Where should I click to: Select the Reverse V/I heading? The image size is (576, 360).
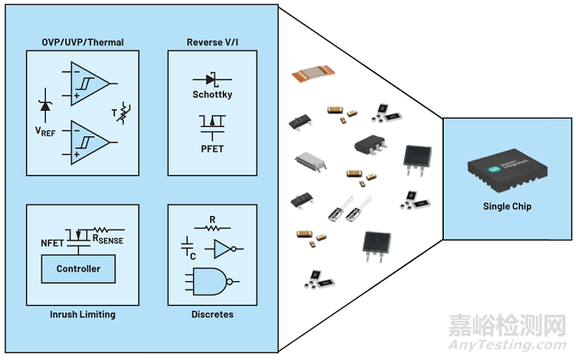(210, 42)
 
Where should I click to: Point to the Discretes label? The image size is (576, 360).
(210, 314)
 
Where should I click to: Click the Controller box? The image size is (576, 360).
(79, 269)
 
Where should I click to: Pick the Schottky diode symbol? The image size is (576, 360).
(210, 79)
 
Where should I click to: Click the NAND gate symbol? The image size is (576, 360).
(207, 281)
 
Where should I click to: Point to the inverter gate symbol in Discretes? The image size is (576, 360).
(226, 249)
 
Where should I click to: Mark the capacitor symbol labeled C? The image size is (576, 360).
(189, 246)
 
